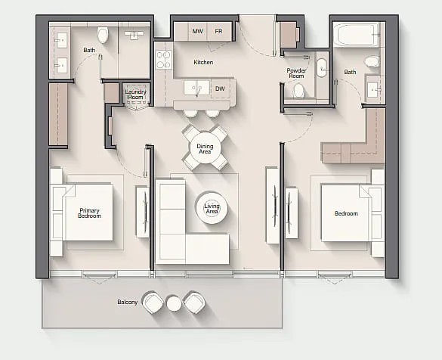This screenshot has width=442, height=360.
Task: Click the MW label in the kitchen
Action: (x=197, y=31)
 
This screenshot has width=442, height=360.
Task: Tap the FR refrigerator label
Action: (x=218, y=31)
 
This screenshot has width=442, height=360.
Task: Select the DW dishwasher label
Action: (x=220, y=88)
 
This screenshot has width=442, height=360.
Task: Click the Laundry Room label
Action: (x=136, y=95)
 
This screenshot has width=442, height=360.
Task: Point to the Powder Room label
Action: (x=296, y=73)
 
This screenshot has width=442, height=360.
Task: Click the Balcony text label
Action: (x=128, y=302)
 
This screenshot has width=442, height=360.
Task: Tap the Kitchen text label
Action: (x=203, y=62)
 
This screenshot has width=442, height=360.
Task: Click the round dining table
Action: (x=205, y=148)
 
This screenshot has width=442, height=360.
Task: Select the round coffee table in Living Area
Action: (x=212, y=208)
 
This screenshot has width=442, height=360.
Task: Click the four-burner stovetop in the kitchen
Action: (x=164, y=60)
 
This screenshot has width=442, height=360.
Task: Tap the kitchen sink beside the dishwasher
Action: (x=196, y=88)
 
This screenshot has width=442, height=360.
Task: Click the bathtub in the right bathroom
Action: (x=355, y=35)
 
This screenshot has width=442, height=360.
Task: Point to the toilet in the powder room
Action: (x=298, y=91)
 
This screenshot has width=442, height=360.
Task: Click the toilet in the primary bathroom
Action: (x=103, y=35)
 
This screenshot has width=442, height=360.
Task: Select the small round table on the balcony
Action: (x=174, y=303)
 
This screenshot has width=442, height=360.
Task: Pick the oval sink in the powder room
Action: (x=322, y=68)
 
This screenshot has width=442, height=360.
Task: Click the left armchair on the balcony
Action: (x=153, y=303)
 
